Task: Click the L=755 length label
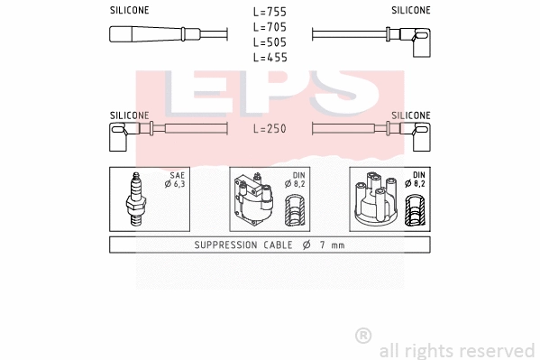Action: (270, 12)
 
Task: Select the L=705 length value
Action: (270, 27)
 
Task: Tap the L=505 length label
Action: (270, 42)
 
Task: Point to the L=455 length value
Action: (270, 58)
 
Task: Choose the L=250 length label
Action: (270, 129)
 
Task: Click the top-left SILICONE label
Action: (130, 10)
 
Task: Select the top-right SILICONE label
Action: (410, 10)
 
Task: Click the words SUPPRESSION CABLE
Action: (242, 245)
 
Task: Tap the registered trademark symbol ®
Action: (363, 336)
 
